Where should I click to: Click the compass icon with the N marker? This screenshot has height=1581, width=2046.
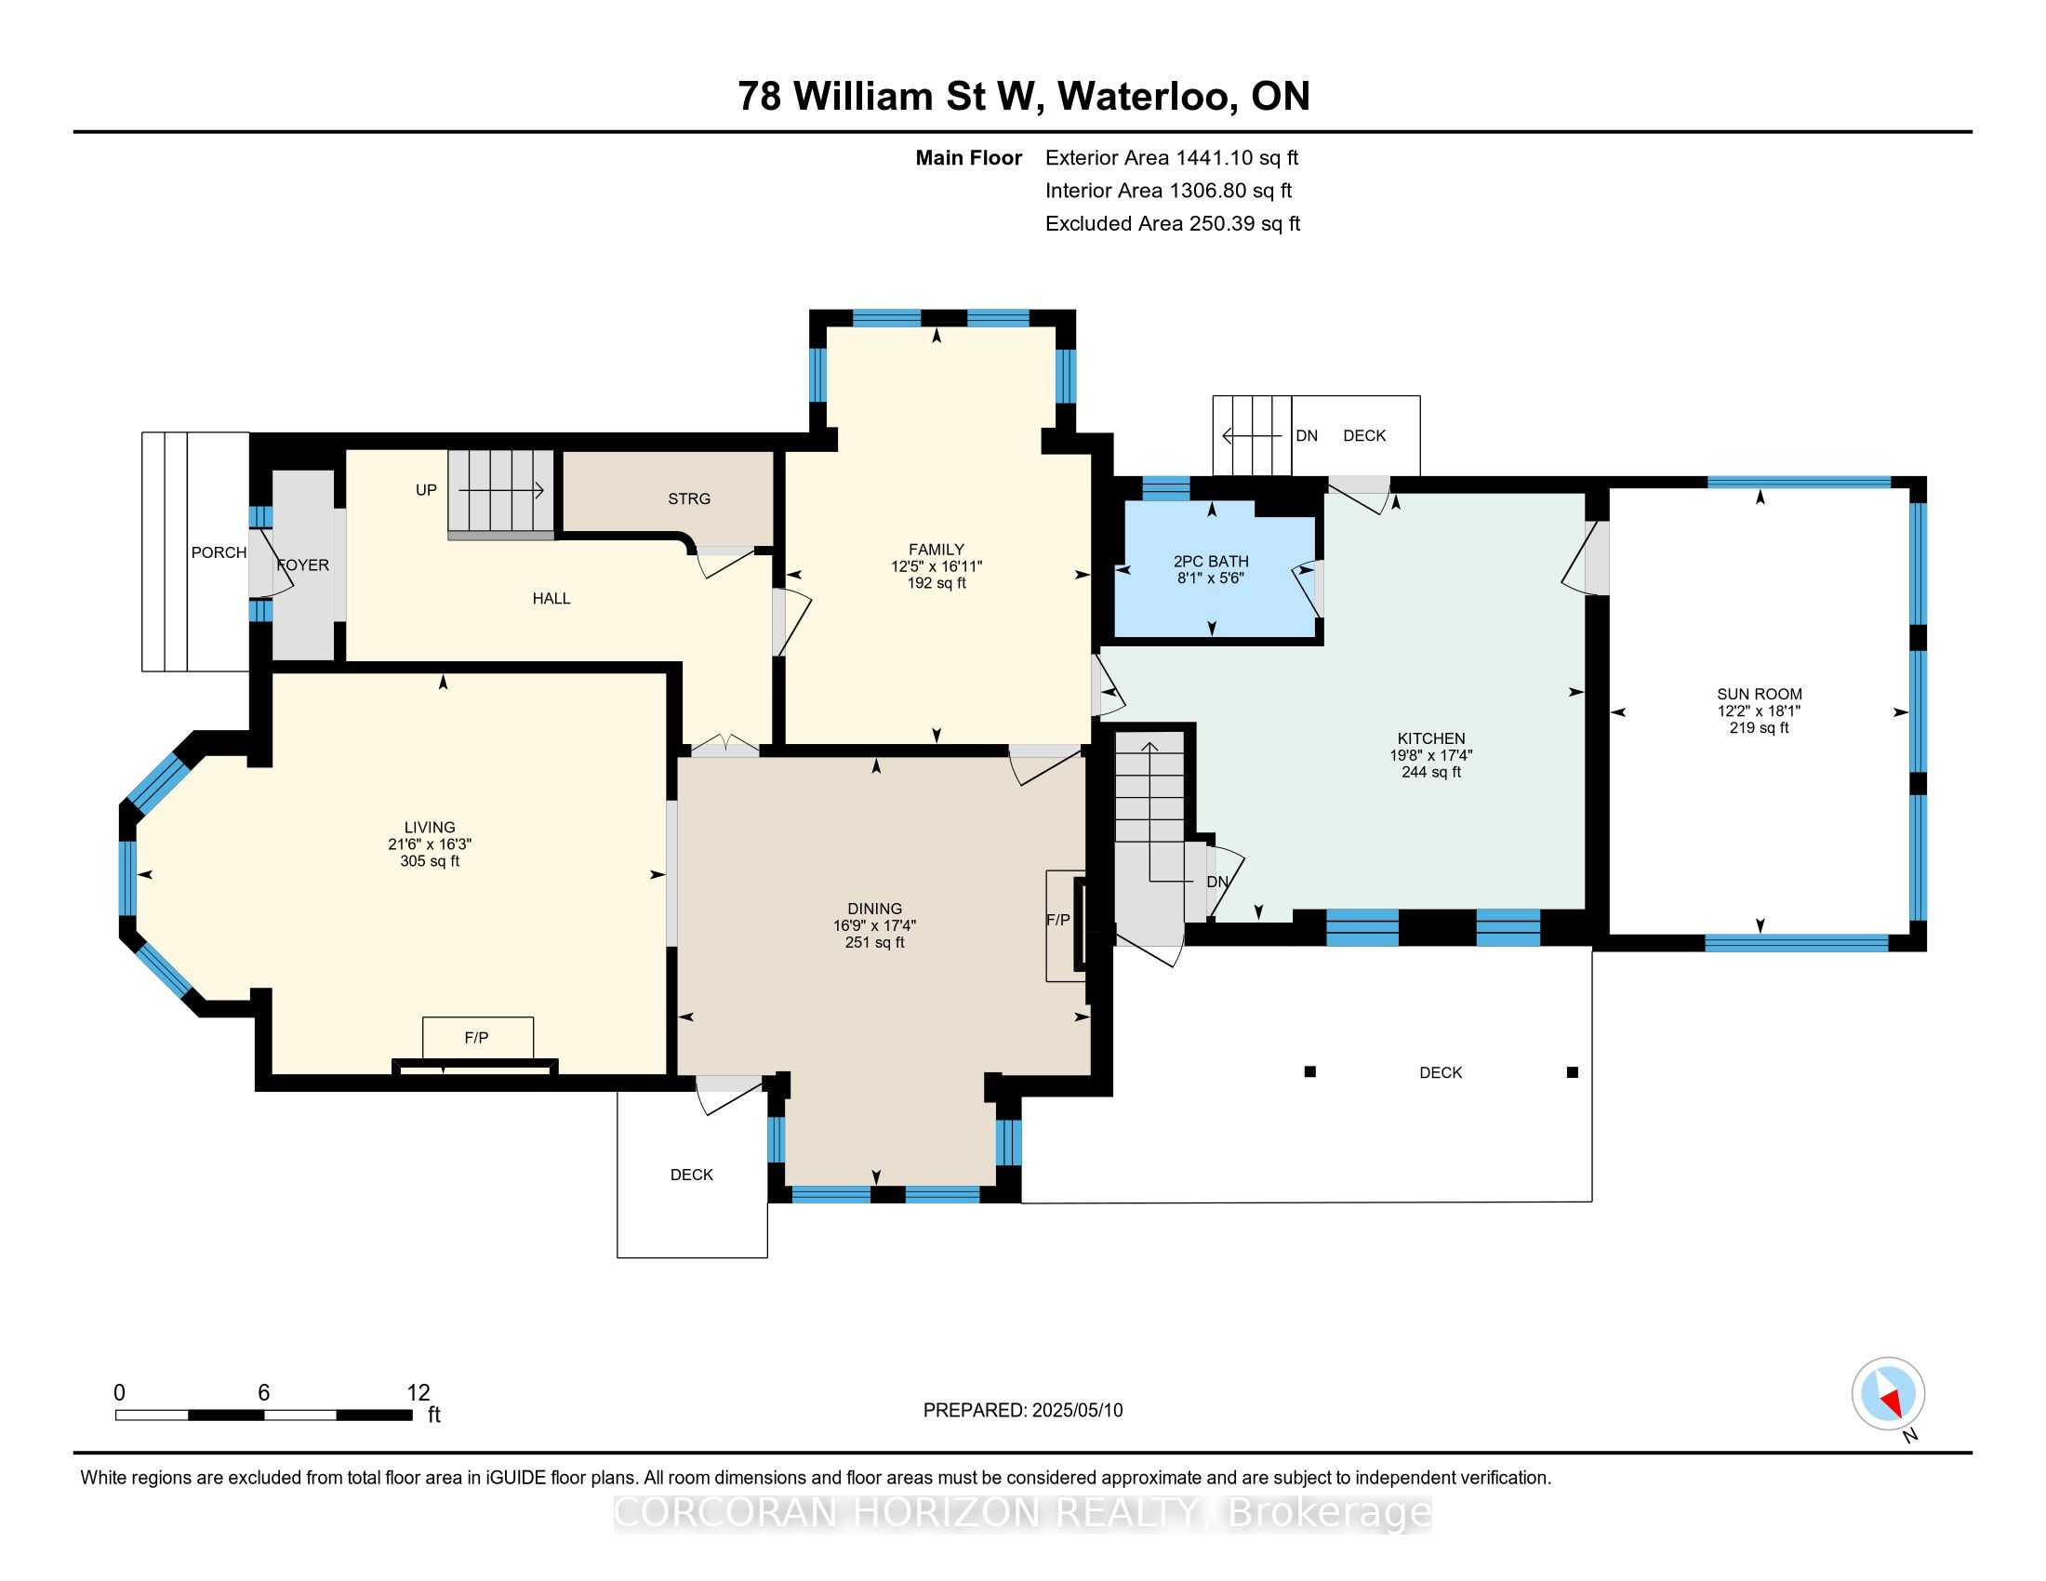(x=1889, y=1394)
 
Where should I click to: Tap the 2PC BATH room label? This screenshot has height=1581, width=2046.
(x=1210, y=561)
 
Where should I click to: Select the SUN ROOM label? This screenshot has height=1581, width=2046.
(x=1760, y=694)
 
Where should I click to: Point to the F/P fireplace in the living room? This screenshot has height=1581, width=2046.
(x=477, y=1038)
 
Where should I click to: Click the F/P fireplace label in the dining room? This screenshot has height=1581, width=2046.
(x=1057, y=920)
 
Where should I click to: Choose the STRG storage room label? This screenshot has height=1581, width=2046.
(x=689, y=498)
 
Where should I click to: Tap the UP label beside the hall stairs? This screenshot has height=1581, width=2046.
(x=426, y=490)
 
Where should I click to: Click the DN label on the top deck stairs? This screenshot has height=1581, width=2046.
(x=1306, y=435)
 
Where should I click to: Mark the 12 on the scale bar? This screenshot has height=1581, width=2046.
(x=418, y=1393)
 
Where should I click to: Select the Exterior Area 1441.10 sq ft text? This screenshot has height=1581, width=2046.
(x=1172, y=157)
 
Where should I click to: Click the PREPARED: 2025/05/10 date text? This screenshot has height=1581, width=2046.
(x=1023, y=1411)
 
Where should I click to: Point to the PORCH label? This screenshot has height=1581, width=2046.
(x=219, y=552)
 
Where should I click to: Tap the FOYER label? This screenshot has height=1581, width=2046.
(x=302, y=565)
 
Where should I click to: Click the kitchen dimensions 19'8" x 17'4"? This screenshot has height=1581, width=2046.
(x=1430, y=755)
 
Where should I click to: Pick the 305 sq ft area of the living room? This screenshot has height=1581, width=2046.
(x=430, y=861)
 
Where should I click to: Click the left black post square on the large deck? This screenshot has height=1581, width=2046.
(x=1309, y=1071)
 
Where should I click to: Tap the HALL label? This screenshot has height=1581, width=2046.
(x=551, y=599)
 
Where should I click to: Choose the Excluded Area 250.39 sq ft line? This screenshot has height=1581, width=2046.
(x=1173, y=223)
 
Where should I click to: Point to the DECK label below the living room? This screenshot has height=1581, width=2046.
(x=692, y=1175)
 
